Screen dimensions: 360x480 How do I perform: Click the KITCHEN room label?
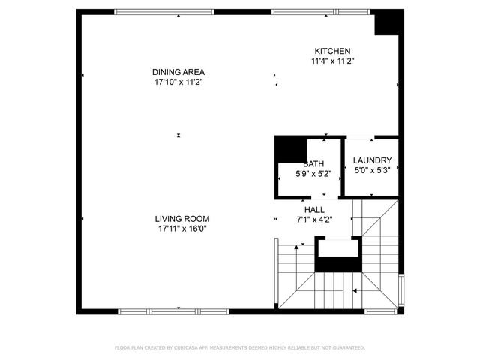click(x=332, y=50)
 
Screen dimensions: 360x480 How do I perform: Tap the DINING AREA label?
click(x=178, y=72)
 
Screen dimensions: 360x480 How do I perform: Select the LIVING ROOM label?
click(x=183, y=219)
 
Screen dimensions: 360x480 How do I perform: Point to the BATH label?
click(x=313, y=164)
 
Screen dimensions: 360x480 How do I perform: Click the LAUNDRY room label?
click(x=373, y=160)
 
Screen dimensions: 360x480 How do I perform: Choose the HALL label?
click(x=314, y=210)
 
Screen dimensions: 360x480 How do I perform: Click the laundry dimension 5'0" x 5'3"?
click(x=373, y=170)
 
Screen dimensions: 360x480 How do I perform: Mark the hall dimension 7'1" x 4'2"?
click(x=314, y=220)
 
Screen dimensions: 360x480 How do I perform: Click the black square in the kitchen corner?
click(x=388, y=22)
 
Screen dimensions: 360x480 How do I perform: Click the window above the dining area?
click(x=163, y=12)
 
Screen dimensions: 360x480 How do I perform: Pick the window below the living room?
click(x=173, y=310)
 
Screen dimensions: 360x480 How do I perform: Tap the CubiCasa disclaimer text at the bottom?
click(x=239, y=347)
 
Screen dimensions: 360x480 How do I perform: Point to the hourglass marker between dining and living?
click(x=178, y=135)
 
